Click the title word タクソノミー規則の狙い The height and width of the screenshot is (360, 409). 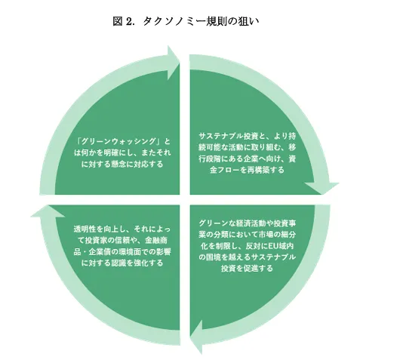pos(201,21)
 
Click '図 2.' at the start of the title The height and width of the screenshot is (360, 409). pos(123,21)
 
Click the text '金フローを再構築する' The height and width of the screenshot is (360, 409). pos(247,170)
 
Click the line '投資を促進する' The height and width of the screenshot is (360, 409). pos(247,268)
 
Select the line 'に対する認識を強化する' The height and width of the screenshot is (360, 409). pos(122,263)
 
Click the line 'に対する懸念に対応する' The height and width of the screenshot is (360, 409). pos(122,164)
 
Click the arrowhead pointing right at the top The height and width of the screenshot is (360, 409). pos(174,63)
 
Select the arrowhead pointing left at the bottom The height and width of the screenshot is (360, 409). pos(196,337)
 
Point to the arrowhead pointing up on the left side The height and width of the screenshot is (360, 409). pos(48,211)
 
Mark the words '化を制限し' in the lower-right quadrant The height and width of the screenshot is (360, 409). pos(219,246)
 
